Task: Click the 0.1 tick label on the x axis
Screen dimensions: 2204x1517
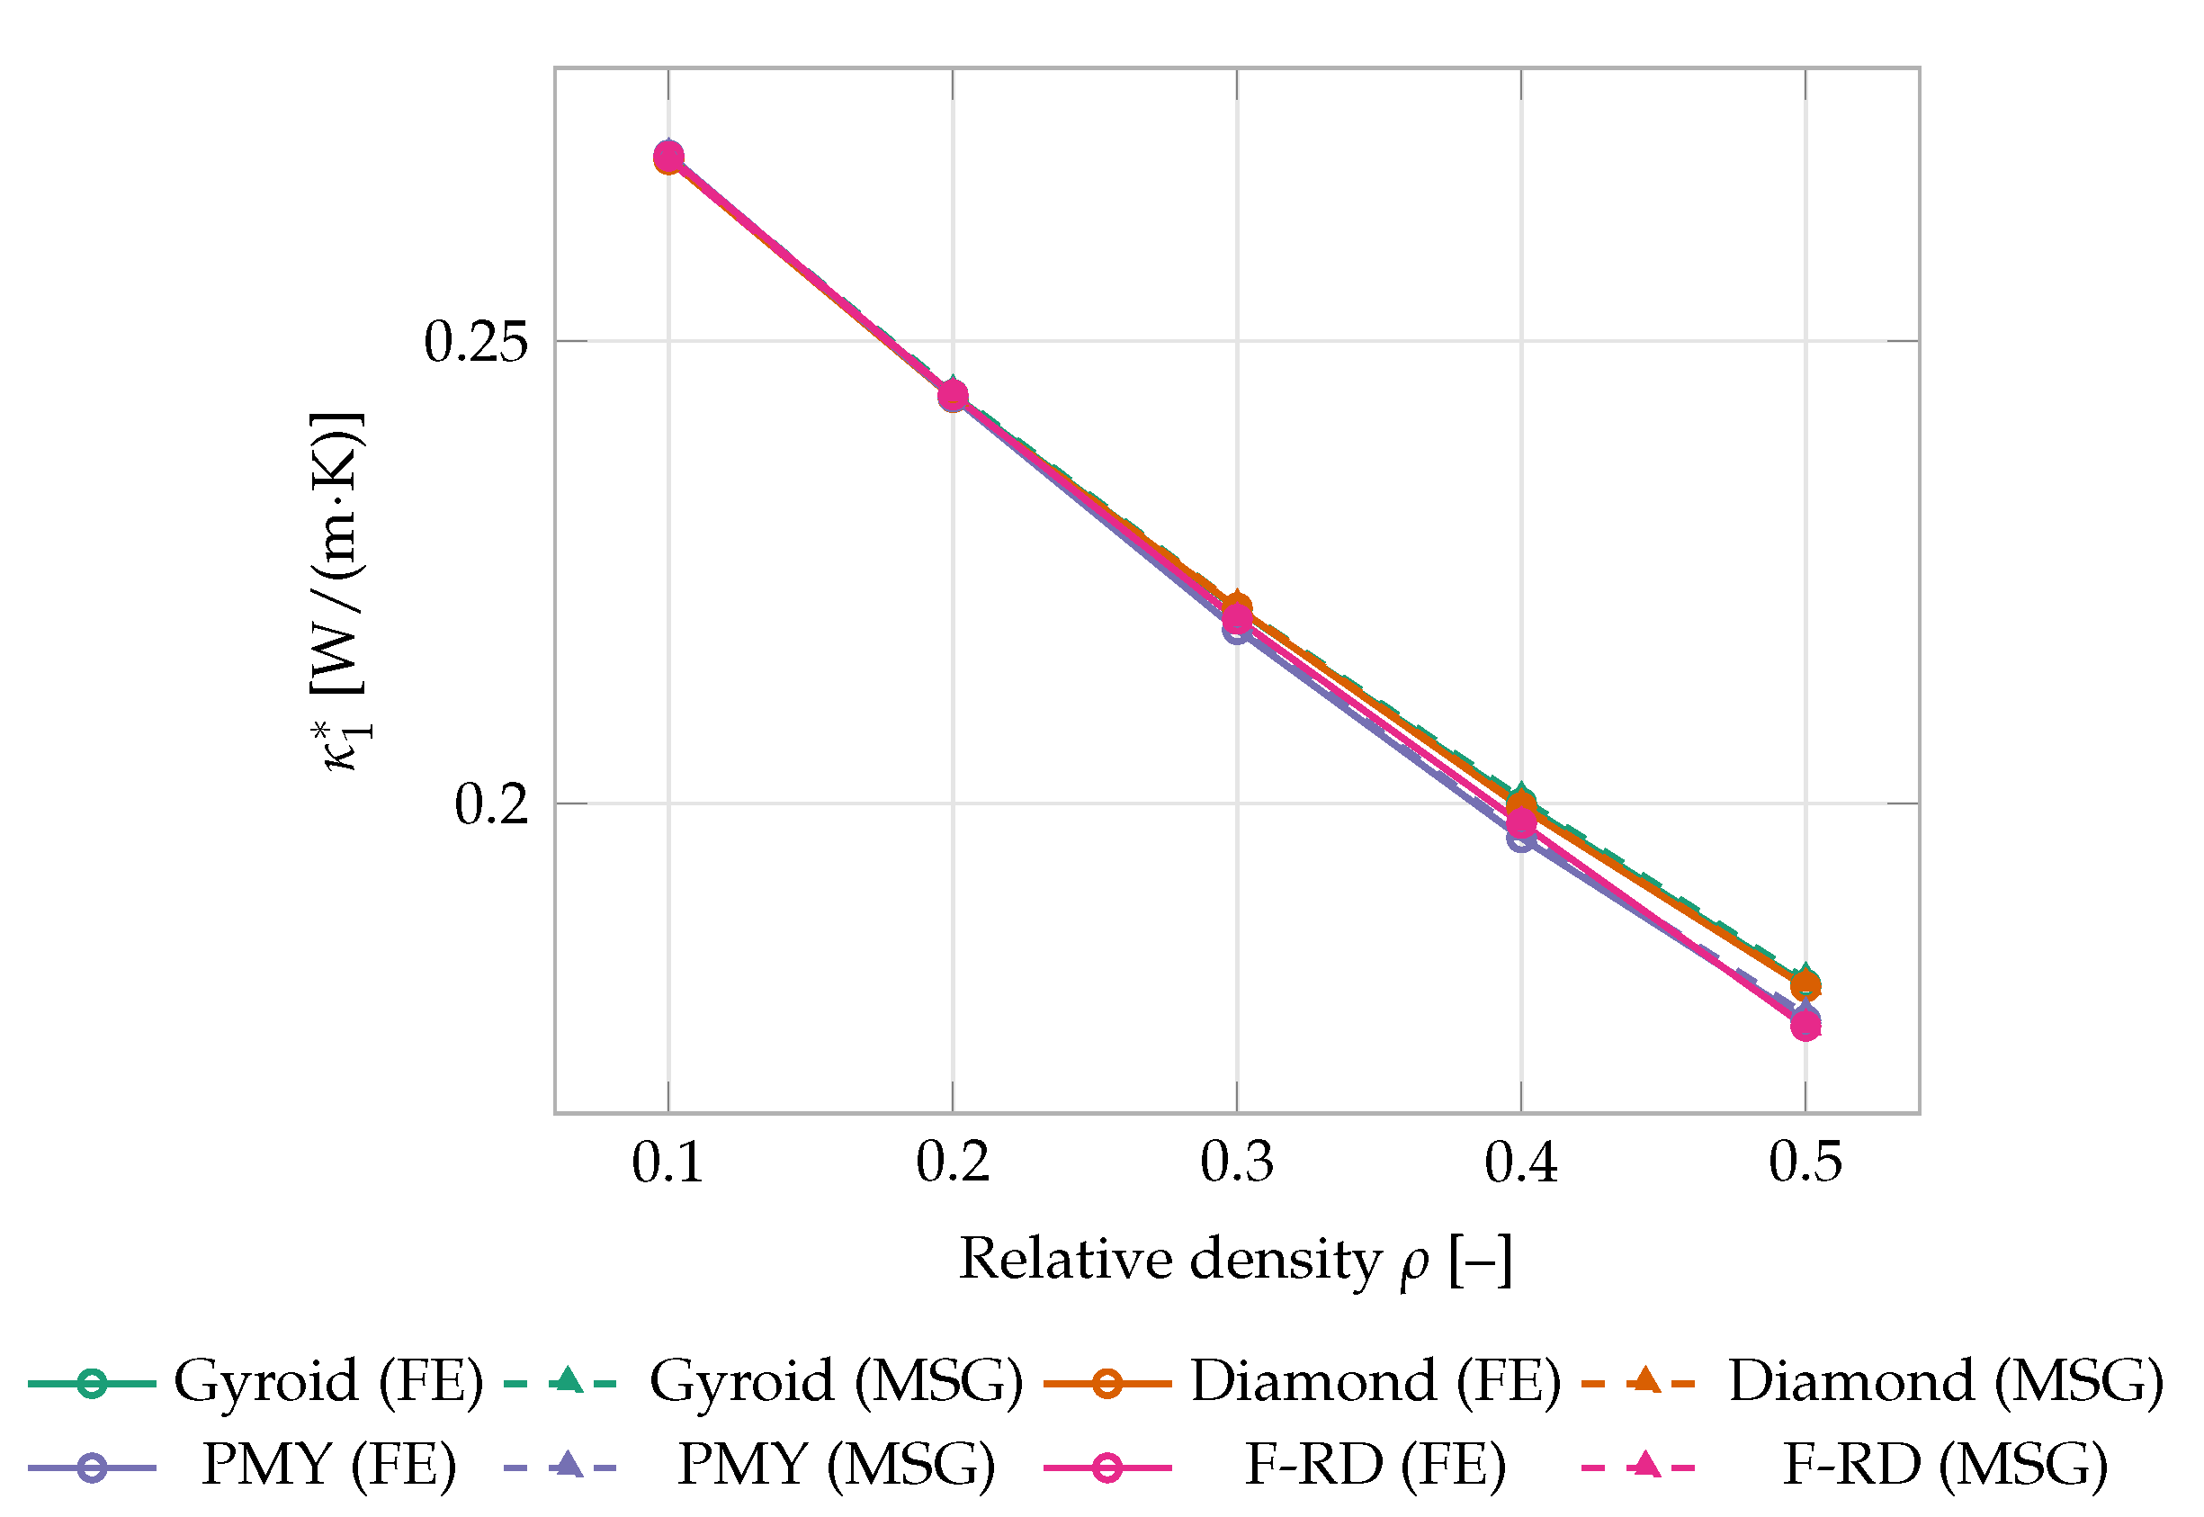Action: (667, 1162)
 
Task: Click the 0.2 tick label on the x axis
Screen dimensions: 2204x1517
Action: (953, 1162)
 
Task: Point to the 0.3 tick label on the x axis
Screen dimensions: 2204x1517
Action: (1236, 1162)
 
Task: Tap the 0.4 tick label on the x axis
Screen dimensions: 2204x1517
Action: (1520, 1162)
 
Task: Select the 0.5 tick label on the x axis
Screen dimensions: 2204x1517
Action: (1805, 1162)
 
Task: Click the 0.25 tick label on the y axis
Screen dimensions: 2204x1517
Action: (475, 341)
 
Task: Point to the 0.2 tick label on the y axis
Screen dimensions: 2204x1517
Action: (491, 804)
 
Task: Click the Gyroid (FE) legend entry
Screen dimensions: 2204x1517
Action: (255, 1382)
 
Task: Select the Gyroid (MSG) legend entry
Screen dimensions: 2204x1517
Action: (763, 1382)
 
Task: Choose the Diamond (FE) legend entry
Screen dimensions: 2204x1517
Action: (1302, 1382)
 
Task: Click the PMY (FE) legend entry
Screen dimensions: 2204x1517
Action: (242, 1466)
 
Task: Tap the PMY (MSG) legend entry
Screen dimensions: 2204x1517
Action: (749, 1466)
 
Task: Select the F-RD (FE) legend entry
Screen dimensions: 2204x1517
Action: (1275, 1466)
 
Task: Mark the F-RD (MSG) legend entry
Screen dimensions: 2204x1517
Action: (1845, 1466)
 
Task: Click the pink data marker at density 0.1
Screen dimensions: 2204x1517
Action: (668, 157)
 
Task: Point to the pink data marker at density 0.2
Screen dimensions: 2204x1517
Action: (953, 394)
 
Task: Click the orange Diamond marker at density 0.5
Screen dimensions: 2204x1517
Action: (1805, 984)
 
